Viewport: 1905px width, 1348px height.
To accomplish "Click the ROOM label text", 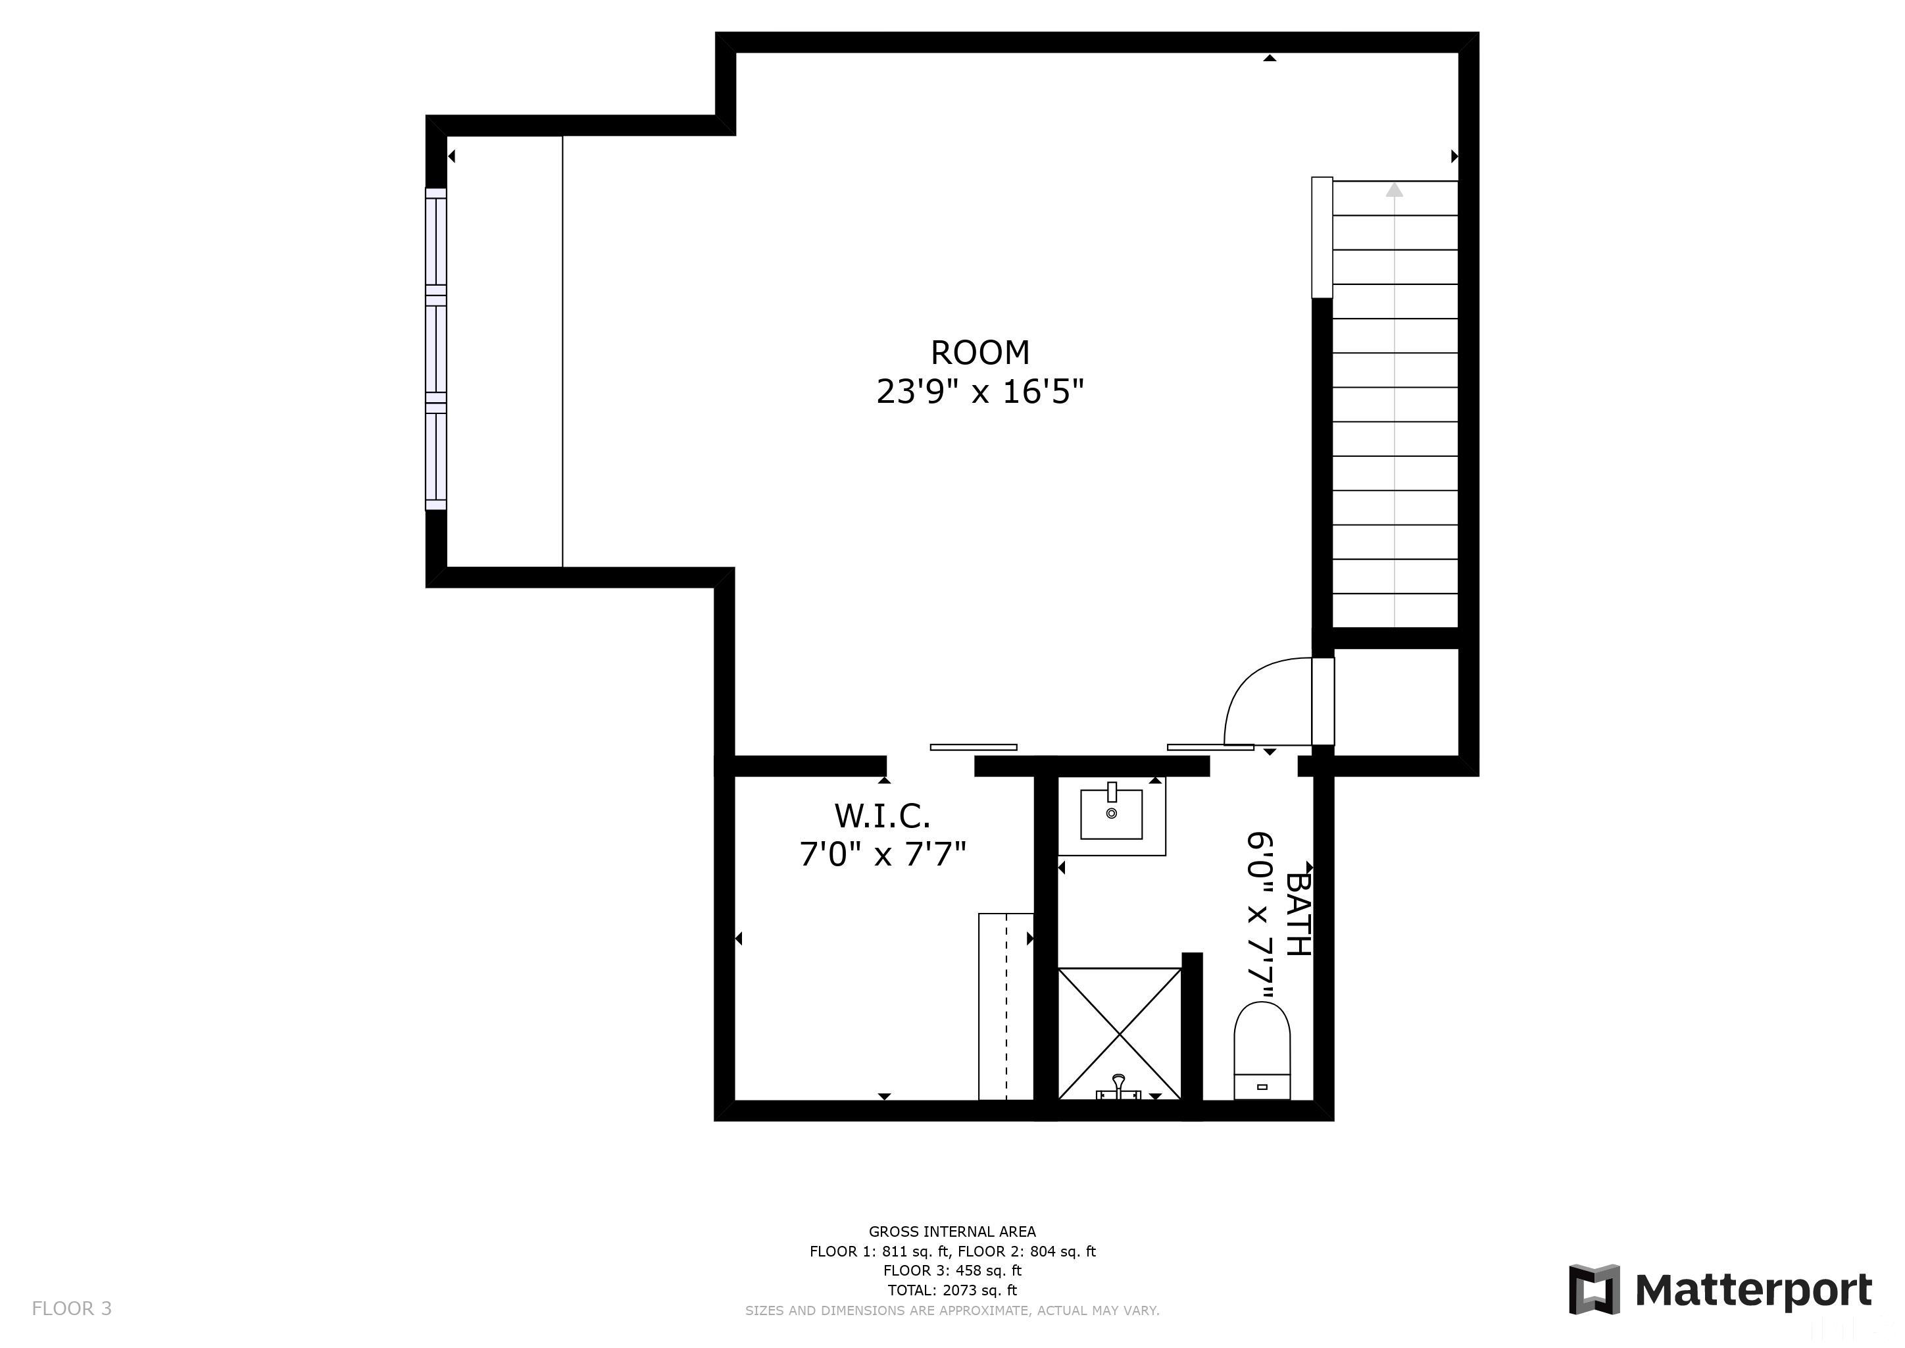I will pos(980,353).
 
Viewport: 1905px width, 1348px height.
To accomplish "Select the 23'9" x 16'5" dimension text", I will pos(980,392).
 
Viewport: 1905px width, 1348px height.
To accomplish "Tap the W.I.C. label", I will pos(882,816).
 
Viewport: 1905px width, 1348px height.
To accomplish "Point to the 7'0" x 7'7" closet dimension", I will pos(882,854).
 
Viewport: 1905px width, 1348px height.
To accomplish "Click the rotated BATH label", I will pos(1298,913).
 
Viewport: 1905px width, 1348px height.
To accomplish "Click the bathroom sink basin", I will pos(1111,814).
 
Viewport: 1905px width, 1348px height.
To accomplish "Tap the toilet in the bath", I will pos(1261,1050).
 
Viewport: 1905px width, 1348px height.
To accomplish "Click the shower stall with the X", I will pos(1120,1033).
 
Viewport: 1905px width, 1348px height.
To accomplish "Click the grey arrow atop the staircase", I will pos(1395,190).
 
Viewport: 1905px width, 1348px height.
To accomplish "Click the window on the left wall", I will pos(435,349).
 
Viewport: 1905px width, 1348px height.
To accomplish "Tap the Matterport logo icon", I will pos(1593,1289).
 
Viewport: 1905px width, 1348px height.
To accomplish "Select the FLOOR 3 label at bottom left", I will pos(71,1308).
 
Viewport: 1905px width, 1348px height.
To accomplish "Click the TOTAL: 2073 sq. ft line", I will pos(952,1290).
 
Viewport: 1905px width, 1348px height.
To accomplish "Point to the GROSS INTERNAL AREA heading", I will pos(952,1231).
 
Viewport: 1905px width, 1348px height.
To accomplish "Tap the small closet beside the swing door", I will pos(1396,702).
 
